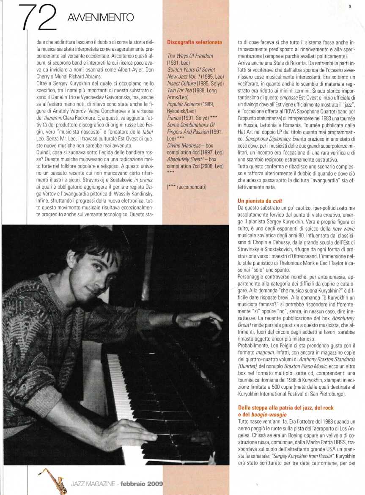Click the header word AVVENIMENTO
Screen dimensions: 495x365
tap(100, 17)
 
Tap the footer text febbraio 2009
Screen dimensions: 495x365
tap(142, 484)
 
